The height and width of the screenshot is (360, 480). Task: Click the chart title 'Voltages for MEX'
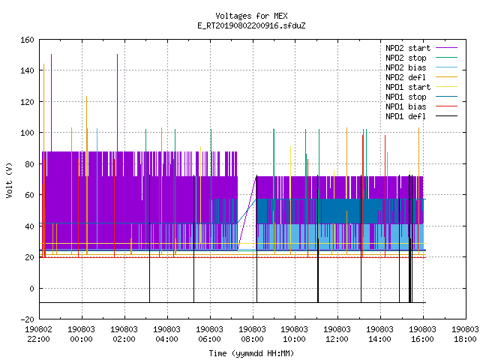(x=251, y=16)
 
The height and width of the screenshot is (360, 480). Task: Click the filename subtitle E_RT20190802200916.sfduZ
(x=251, y=25)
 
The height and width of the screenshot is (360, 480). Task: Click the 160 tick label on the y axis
(x=27, y=40)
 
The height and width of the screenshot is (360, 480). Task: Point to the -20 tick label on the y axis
(x=27, y=319)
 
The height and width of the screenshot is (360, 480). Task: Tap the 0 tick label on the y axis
(x=31, y=288)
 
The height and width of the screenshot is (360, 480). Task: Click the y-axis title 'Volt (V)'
(x=9, y=180)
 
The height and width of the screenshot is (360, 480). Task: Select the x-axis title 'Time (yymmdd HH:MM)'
(x=251, y=353)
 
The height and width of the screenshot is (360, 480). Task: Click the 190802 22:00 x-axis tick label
(x=38, y=334)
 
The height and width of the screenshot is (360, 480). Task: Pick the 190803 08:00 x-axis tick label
(x=252, y=334)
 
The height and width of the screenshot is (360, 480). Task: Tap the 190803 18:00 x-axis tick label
(x=465, y=334)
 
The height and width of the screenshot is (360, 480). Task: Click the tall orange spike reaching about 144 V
(x=43, y=160)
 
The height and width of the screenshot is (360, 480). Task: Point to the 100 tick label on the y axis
(x=27, y=133)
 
